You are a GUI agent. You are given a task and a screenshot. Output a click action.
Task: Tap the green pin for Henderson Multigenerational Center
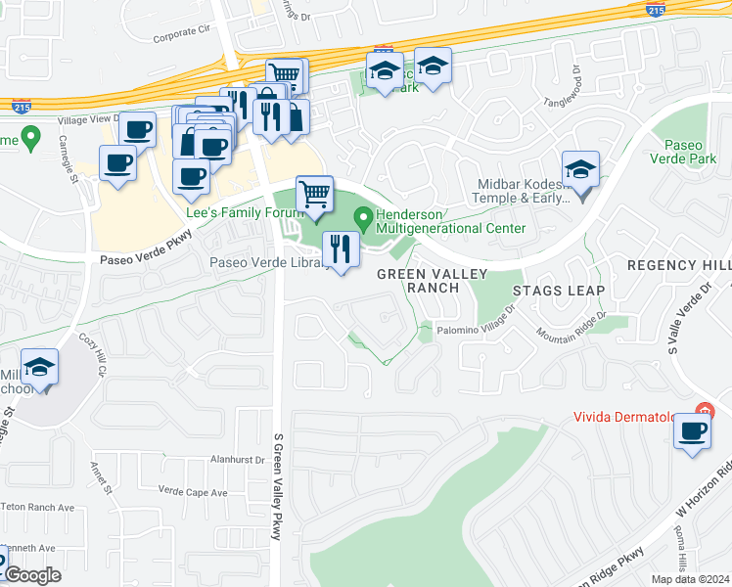(x=363, y=215)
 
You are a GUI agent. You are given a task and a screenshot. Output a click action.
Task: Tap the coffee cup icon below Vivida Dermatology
(x=693, y=430)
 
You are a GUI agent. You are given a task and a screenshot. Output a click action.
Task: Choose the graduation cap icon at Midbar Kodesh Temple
(x=580, y=170)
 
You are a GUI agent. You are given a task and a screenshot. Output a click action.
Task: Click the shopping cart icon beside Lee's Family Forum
(x=314, y=195)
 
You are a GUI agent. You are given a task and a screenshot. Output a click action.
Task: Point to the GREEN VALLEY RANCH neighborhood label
(x=418, y=281)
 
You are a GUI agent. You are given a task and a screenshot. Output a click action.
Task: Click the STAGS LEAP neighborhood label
(x=561, y=291)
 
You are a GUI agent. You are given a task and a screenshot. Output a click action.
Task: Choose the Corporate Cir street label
(x=182, y=32)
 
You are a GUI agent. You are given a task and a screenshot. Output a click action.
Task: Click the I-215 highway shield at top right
(x=653, y=9)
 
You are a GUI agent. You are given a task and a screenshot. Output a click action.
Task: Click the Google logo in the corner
(x=32, y=575)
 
